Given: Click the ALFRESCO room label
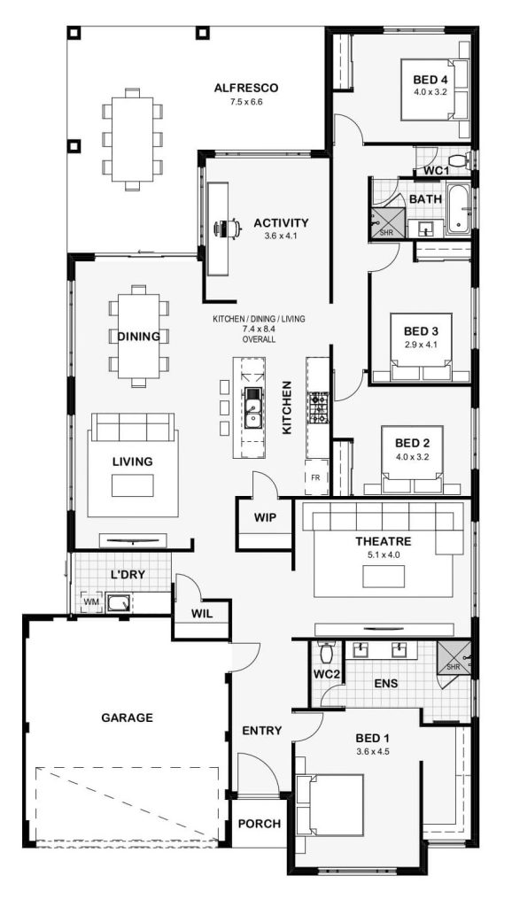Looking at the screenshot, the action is point(246,89).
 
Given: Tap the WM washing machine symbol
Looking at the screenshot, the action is point(91,602).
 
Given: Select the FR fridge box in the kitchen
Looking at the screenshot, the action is point(316,477).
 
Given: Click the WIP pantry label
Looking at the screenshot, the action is point(265,517).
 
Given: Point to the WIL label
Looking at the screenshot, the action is point(202,614).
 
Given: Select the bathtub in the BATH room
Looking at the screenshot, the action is point(458,209).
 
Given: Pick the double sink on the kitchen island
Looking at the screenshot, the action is point(252,407).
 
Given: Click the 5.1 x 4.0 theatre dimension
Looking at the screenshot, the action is point(384,554).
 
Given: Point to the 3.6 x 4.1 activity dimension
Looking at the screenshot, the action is point(281,236).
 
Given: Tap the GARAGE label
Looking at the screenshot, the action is point(128,717).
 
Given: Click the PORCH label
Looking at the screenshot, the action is point(260,824).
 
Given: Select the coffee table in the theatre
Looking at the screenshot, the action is point(384,576).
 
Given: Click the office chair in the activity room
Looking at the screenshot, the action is point(228,229).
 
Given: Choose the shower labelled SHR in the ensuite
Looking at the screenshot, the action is point(453,658).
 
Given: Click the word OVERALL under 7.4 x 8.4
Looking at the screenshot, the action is point(259,339).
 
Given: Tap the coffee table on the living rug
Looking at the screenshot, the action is point(133,485).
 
